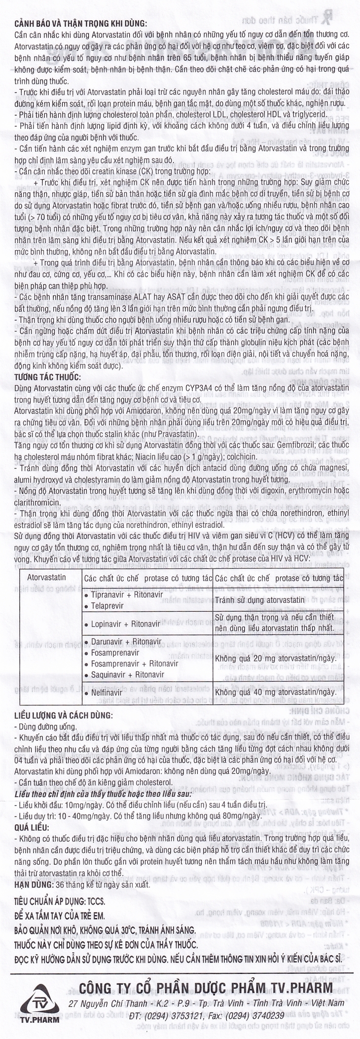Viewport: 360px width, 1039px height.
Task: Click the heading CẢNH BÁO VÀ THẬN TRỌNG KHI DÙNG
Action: click(x=81, y=23)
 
